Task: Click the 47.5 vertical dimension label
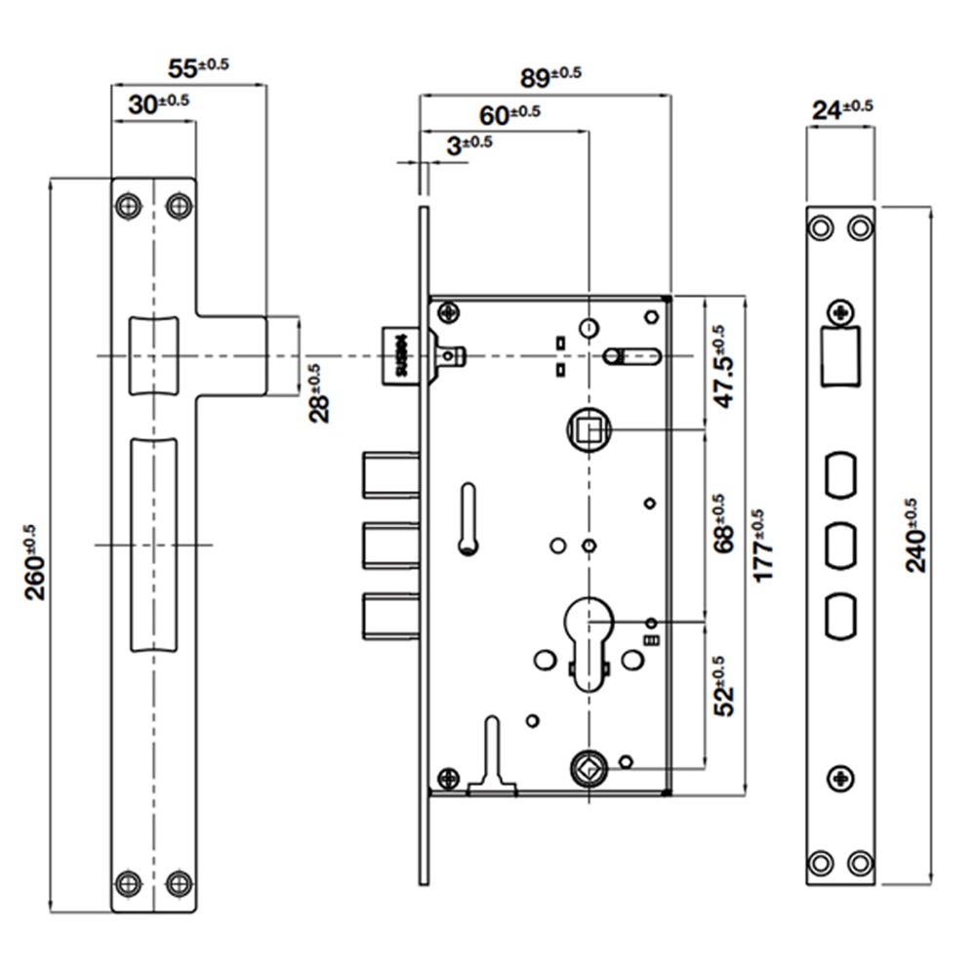click(x=721, y=366)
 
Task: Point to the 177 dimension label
click(x=764, y=547)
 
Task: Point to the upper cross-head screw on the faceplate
click(x=840, y=312)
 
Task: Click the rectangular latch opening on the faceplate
click(x=840, y=356)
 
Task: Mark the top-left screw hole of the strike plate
click(x=128, y=206)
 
